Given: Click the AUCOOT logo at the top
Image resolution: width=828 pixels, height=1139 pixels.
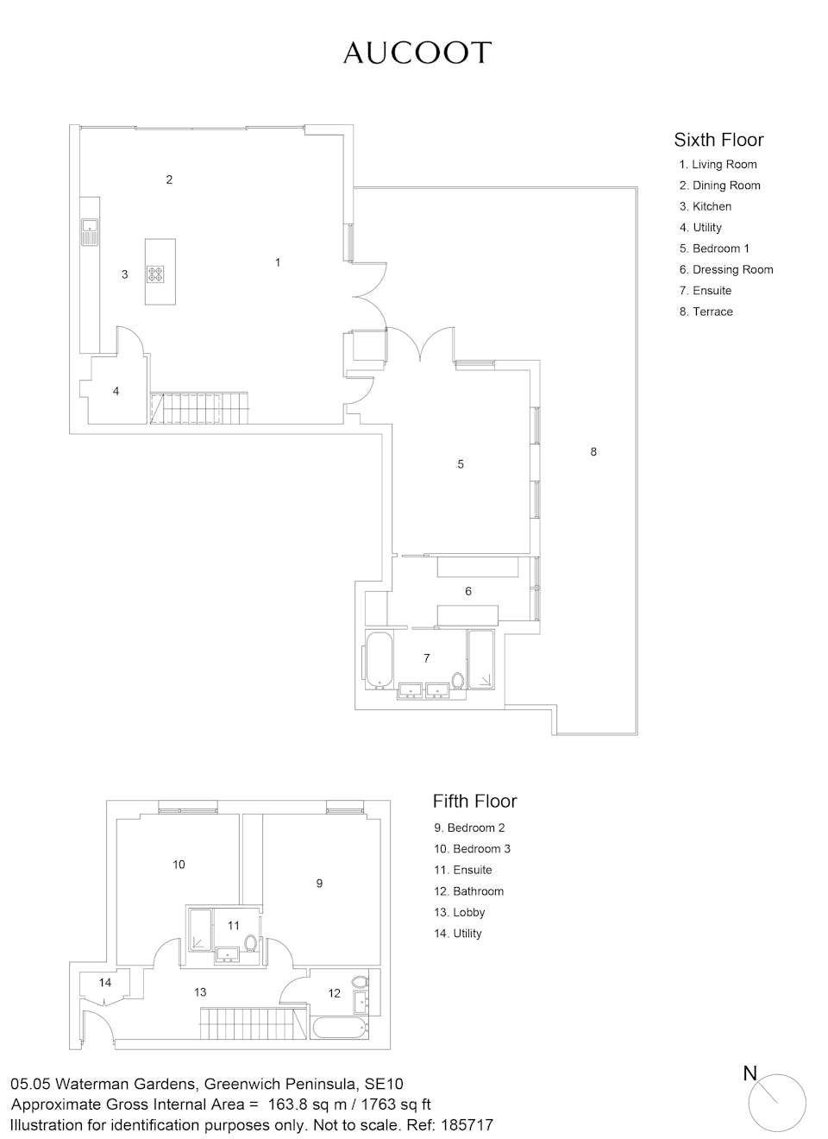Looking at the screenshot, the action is (x=417, y=53).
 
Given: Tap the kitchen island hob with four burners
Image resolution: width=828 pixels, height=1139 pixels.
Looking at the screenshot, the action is (x=155, y=274).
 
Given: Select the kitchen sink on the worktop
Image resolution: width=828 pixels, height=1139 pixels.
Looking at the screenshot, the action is (x=90, y=232).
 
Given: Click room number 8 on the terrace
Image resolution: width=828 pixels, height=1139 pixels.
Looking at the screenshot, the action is (x=593, y=451).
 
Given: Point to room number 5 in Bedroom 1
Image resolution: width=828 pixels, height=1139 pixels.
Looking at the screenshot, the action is (x=461, y=463).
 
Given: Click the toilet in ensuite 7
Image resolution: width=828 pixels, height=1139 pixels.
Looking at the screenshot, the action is (x=458, y=680).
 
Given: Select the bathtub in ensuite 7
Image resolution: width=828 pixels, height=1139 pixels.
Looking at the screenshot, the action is (x=379, y=660).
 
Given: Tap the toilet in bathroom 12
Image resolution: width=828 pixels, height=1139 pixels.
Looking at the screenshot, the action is (x=360, y=981).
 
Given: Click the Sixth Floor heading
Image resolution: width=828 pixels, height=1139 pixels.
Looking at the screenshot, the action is (x=718, y=140).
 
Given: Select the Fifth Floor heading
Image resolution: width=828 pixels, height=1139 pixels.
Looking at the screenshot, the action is (x=474, y=801).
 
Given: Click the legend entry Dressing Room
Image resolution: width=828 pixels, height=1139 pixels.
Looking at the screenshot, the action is (x=726, y=269).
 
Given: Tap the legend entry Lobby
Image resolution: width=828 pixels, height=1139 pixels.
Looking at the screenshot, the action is (x=460, y=912).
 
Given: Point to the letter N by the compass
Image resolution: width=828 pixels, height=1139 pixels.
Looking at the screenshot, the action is (x=750, y=1073).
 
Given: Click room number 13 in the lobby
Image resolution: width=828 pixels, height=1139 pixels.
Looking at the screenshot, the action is (x=200, y=992).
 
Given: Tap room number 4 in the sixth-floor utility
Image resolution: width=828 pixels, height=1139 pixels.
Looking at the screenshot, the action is (x=116, y=391).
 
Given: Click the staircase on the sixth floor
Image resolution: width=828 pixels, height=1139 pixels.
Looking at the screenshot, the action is (x=199, y=408).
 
